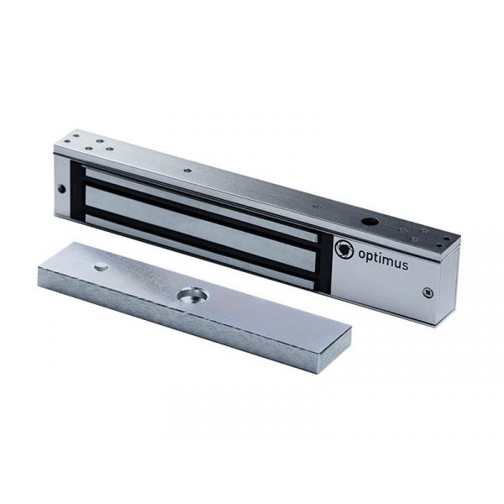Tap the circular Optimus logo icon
pyautogui.click(x=344, y=249)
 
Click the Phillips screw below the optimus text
pyautogui.click(x=428, y=292)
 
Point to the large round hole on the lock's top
pyautogui.click(x=369, y=222)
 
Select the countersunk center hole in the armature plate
pyautogui.click(x=193, y=296)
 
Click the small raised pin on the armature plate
pyautogui.click(x=102, y=266)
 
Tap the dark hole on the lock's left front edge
pyautogui.click(x=62, y=189)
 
